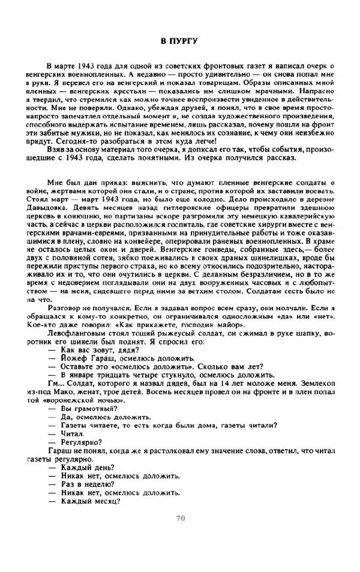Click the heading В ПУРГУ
tap(180, 41)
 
